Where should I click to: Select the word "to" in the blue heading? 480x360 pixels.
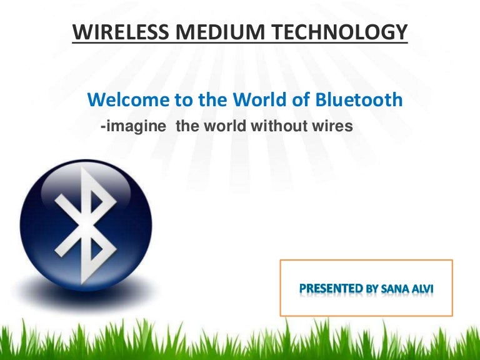click(x=169, y=100)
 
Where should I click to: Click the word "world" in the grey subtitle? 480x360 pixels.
click(x=222, y=126)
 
